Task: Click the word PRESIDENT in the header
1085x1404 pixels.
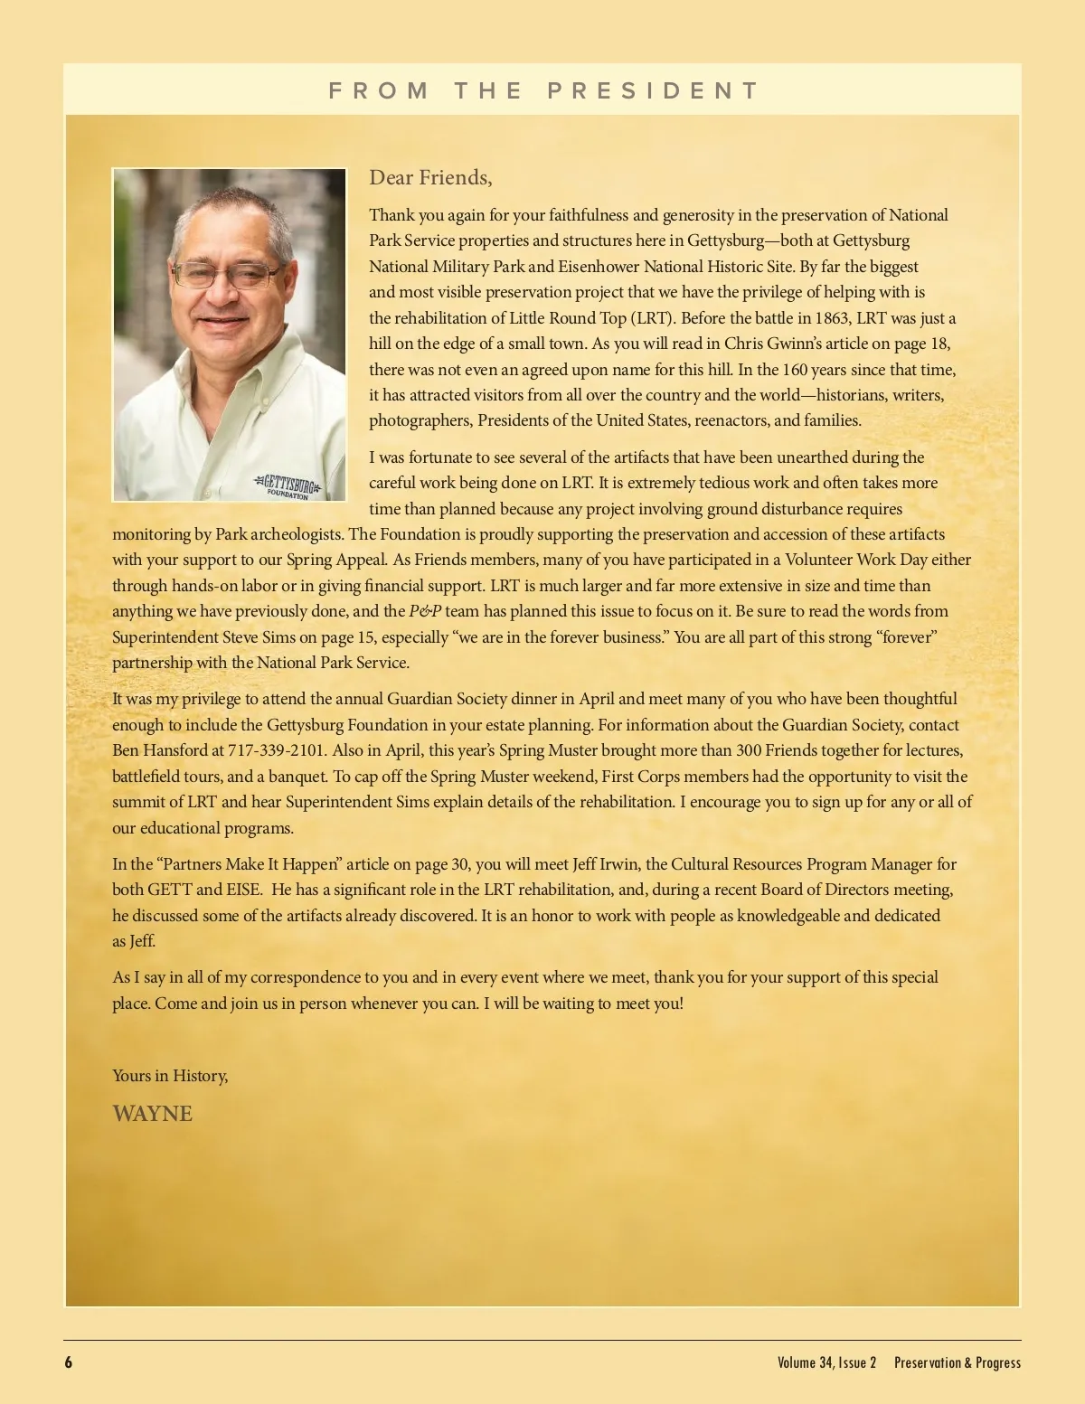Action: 653,90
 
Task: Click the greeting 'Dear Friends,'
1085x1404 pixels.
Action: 430,177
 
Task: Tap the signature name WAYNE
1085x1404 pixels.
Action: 152,1113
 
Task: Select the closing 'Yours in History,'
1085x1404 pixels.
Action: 170,1075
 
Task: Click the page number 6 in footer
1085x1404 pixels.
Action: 69,1362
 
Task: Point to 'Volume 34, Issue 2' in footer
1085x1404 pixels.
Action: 826,1362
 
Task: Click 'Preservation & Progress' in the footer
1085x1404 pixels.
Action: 958,1362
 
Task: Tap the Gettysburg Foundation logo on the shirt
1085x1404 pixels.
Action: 288,485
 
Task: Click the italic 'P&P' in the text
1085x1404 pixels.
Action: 425,611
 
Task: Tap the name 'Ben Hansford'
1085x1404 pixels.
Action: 159,750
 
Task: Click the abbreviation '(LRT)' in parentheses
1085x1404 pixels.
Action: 651,318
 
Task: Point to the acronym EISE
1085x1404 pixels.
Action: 239,890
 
